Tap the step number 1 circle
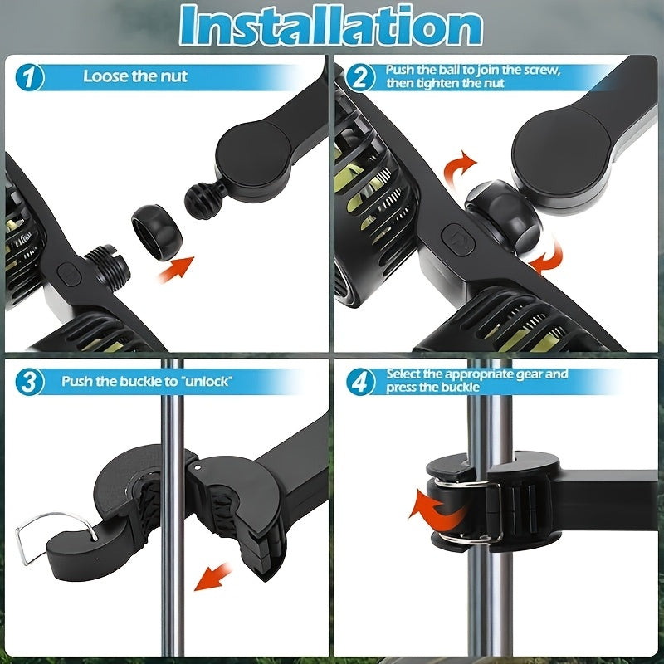[x=30, y=79]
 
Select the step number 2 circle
[x=360, y=79]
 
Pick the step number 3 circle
[x=30, y=383]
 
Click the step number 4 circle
[x=360, y=383]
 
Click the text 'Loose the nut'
[x=135, y=76]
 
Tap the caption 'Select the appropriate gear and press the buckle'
[x=476, y=381]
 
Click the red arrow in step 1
[x=176, y=269]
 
